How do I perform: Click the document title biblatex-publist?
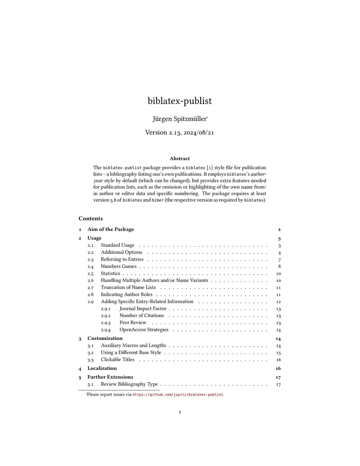pos(180,101)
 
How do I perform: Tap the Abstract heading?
pos(180,158)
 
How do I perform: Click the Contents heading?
pos(90,218)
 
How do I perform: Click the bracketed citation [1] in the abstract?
pos(210,167)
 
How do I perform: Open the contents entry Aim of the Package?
pos(110,229)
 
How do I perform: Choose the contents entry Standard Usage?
pos(117,245)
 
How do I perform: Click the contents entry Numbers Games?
pos(118,267)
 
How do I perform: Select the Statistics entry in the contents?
pos(110,273)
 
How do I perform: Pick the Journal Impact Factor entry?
pos(143,308)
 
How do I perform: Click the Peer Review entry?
pos(133,323)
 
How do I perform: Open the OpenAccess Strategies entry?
pos(144,330)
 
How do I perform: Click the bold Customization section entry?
pos(105,338)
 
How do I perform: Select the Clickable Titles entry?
pos(117,359)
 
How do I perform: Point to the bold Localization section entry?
pos(102,368)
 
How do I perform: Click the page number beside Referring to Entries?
pos(279,260)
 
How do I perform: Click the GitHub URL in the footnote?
pos(178,394)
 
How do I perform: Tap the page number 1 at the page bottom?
pos(180,412)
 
